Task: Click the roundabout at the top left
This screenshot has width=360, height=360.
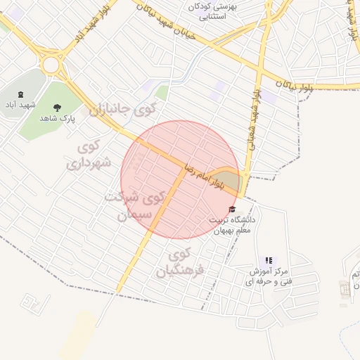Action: point(51,65)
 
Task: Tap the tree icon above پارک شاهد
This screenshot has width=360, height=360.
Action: point(56,108)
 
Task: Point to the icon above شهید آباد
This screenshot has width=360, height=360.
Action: point(19,95)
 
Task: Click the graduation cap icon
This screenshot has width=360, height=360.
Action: point(233,210)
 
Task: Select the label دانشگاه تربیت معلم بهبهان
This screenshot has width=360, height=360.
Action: point(234,225)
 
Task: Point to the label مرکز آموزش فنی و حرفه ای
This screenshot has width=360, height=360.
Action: point(270,276)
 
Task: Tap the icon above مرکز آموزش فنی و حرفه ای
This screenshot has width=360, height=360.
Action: point(269,260)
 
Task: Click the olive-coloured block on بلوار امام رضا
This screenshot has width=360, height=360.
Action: point(227,181)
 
